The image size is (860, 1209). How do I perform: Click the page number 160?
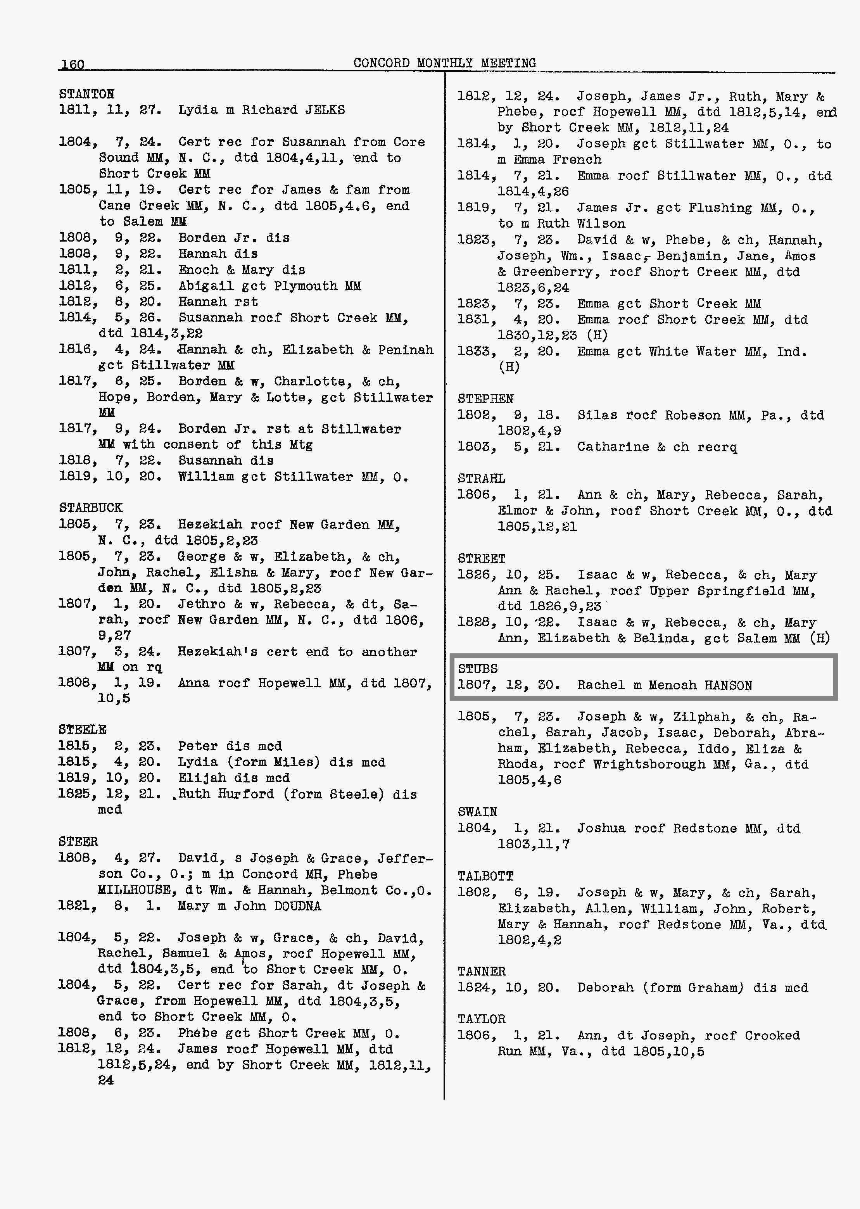[x=73, y=65]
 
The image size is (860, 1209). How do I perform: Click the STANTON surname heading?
[x=86, y=94]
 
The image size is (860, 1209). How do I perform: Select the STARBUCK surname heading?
[x=91, y=508]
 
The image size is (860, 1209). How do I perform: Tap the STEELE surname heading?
[x=82, y=730]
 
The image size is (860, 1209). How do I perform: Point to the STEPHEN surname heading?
[x=485, y=399]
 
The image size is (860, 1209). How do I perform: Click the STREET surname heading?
[x=481, y=559]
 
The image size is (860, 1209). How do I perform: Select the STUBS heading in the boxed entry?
[x=478, y=669]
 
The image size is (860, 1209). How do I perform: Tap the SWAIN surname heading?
[x=477, y=812]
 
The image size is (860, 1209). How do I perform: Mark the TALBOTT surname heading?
[x=485, y=876]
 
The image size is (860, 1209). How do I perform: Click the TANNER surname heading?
[x=481, y=971]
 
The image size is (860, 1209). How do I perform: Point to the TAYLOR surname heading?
[x=481, y=1019]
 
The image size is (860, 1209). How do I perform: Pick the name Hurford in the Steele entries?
[x=246, y=794]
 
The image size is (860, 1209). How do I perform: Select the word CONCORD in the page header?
[x=381, y=63]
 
